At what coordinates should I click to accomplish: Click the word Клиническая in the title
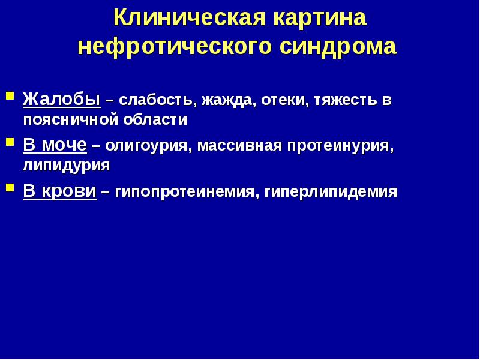190,18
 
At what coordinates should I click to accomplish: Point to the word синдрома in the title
340,46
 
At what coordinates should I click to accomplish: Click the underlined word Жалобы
61,99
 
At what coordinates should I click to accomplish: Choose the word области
160,119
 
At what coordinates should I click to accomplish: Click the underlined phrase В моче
55,145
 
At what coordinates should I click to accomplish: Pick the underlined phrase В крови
60,191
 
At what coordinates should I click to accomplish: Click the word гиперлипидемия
330,192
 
